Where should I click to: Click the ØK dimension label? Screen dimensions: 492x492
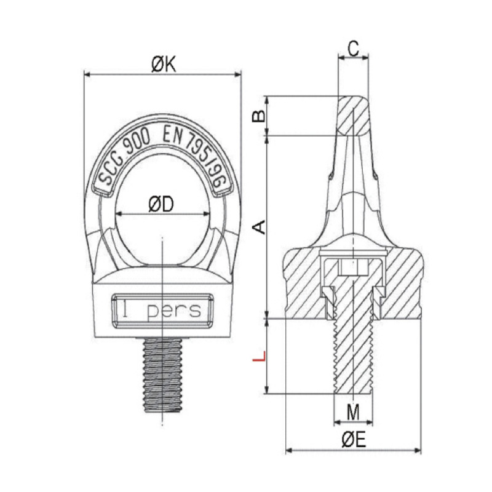(164, 65)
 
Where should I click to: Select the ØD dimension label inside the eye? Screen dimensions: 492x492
(161, 205)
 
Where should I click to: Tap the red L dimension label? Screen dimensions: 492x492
(260, 356)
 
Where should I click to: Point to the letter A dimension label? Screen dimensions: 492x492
(260, 227)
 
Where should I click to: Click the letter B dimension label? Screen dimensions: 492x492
(259, 116)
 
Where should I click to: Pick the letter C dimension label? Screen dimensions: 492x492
(353, 49)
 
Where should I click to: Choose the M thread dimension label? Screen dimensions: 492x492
(353, 412)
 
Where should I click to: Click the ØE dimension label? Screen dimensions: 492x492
(354, 440)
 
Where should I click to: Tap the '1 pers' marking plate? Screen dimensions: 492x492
(162, 311)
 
